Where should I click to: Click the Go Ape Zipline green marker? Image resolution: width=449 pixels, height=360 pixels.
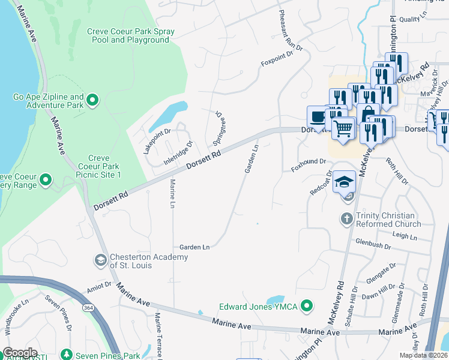tap(92, 100)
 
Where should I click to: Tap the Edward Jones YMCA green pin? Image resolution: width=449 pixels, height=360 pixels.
tap(307, 306)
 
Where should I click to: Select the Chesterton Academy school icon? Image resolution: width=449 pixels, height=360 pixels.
tap(100, 261)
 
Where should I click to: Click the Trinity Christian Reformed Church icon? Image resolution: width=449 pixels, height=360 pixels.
tap(346, 219)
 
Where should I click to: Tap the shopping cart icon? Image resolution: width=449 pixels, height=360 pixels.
tap(343, 128)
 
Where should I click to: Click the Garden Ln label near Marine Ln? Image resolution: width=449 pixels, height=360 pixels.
tap(194, 247)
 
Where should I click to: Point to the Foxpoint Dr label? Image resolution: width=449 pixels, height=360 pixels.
tap(276, 58)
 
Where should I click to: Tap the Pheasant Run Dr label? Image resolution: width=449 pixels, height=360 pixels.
tap(292, 31)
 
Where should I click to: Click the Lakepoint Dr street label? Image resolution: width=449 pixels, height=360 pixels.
tap(157, 141)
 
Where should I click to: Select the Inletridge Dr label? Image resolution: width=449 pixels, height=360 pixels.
tap(179, 154)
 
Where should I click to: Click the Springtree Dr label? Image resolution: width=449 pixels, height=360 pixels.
tap(219, 128)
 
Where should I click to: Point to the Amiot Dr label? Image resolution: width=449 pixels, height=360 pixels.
tap(100, 289)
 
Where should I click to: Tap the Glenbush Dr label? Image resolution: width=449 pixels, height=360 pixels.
tap(373, 246)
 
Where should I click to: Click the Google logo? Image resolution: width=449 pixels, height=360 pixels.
tap(20, 353)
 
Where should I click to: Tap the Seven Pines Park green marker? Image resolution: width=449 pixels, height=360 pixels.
tap(66, 355)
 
